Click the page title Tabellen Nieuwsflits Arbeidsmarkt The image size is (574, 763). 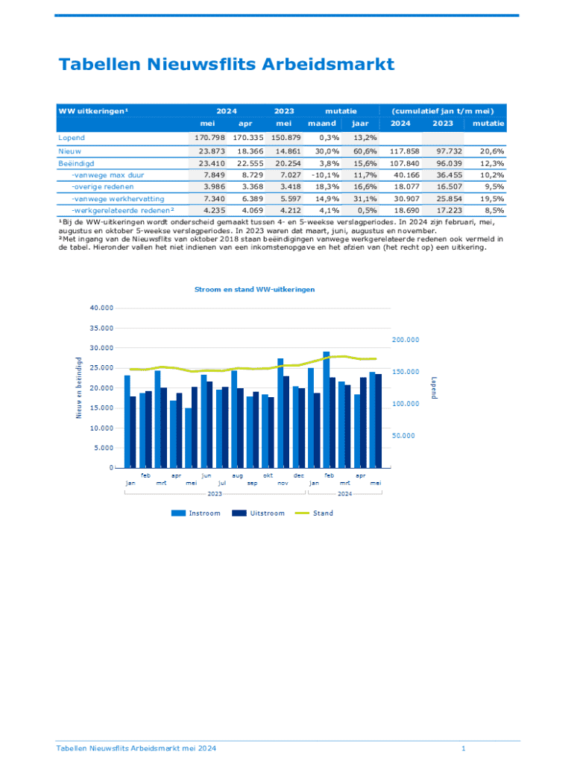click(226, 65)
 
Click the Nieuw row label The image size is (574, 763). click(69, 151)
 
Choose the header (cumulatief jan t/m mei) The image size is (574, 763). click(443, 111)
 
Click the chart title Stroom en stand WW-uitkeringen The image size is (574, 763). click(254, 288)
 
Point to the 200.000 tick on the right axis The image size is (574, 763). click(405, 340)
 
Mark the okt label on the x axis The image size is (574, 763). click(268, 475)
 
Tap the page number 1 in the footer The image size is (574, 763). click(464, 747)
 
